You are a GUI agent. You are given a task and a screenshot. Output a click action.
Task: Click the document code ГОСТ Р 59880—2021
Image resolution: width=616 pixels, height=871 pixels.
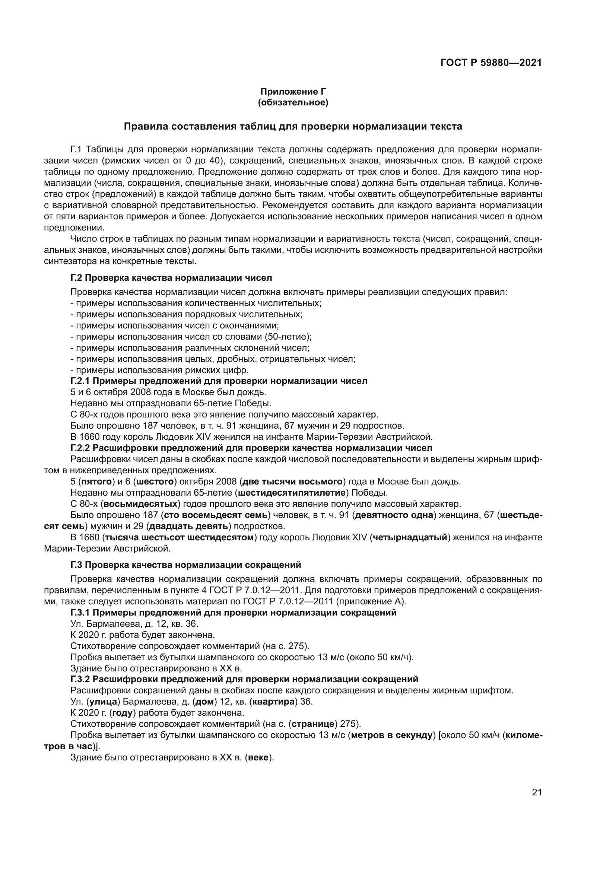[491, 63]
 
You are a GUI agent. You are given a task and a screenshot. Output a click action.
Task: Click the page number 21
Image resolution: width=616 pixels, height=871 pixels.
[536, 792]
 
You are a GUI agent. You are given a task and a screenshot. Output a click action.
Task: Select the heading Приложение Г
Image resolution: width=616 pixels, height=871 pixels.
[293, 92]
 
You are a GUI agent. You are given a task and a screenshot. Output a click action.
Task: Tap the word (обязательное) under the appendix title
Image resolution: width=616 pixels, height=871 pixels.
[293, 102]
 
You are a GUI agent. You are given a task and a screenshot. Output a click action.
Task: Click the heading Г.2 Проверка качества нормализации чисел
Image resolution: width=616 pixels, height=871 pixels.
[171, 278]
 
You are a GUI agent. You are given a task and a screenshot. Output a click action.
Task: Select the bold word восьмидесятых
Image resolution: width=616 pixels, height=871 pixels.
[141, 504]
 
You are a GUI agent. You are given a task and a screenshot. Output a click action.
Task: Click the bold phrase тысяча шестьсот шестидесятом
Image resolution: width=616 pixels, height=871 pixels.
[180, 538]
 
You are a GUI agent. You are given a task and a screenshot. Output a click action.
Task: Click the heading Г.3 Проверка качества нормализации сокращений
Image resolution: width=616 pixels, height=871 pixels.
[186, 565]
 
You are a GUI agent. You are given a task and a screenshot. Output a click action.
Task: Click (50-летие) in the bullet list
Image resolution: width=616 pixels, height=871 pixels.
[292, 337]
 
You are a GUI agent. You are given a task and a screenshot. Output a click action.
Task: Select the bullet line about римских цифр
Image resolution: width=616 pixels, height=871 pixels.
[159, 370]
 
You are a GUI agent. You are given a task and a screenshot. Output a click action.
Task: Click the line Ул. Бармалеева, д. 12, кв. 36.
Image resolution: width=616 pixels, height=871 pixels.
[134, 624]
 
